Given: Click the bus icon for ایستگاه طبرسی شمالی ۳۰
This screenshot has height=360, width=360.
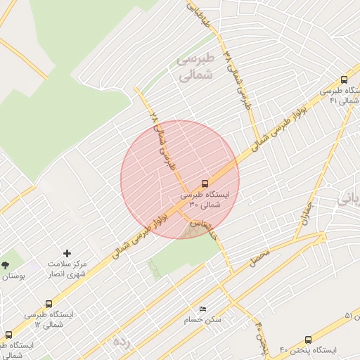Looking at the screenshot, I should [205, 182].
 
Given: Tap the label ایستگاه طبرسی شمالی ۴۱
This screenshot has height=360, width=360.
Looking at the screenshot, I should [340, 96].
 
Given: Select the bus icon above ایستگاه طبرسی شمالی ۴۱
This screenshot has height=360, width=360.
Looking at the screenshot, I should [344, 80].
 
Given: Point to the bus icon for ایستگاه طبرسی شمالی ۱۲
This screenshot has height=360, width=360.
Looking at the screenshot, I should [49, 304].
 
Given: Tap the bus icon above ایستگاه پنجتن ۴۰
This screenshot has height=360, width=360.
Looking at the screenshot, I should [308, 340].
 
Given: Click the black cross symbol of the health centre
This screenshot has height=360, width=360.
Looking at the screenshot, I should [67, 253].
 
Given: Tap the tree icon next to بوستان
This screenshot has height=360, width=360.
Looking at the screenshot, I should [6, 265].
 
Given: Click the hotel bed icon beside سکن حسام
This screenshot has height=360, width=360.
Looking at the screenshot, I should [203, 309].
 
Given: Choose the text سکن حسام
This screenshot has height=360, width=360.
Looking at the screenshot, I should [203, 320].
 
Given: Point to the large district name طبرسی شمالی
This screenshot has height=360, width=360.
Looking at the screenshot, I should [186, 67].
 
